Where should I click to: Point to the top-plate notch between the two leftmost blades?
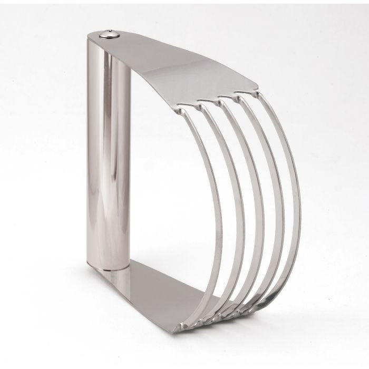tap(193, 102)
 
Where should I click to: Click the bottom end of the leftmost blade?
tap(184, 323)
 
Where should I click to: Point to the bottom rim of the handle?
tap(109, 267)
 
